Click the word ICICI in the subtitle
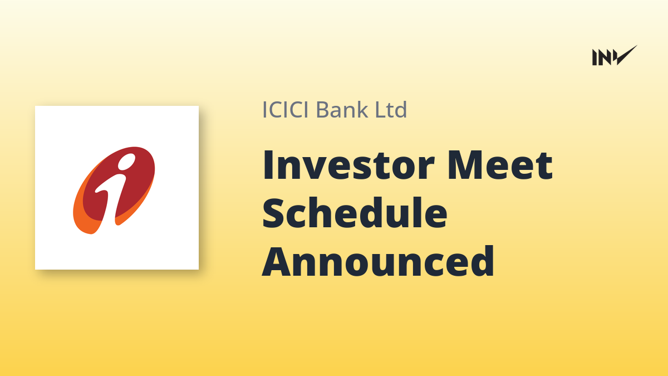pyautogui.click(x=286, y=110)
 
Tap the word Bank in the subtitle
pyautogui.click(x=342, y=110)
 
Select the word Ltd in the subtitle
pyautogui.click(x=391, y=110)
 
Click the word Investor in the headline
pyautogui.click(x=348, y=165)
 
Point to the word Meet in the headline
pyautogui.click(x=500, y=165)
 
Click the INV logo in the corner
pyautogui.click(x=615, y=55)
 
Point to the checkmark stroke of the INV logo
pyautogui.click(x=627, y=55)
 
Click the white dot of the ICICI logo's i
pyautogui.click(x=126, y=162)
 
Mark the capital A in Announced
pyautogui.click(x=277, y=261)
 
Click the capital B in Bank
pyautogui.click(x=322, y=110)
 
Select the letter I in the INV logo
pyautogui.click(x=595, y=57)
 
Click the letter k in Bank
pyautogui.click(x=362, y=109)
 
